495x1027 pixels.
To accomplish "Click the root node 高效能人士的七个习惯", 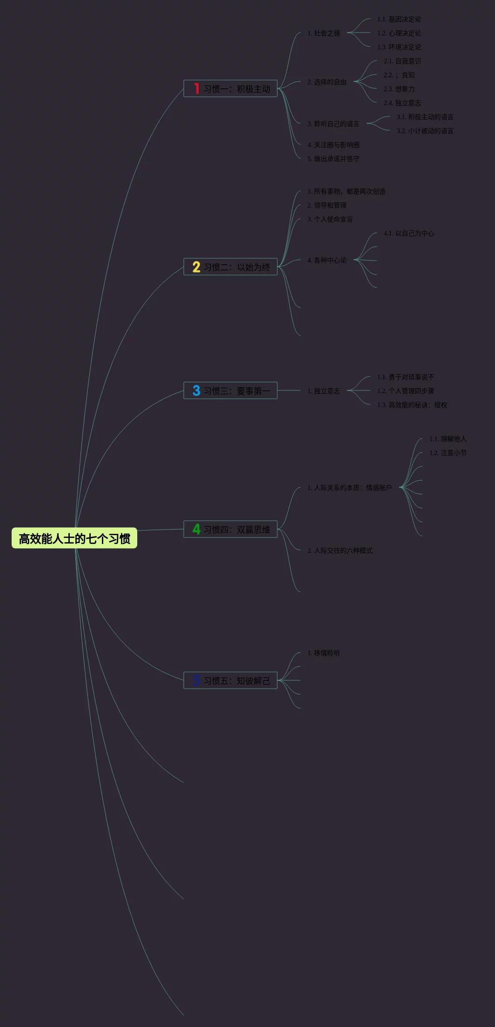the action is (74, 538).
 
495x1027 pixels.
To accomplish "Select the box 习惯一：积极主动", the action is (231, 88).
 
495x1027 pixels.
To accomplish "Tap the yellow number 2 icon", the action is (196, 267).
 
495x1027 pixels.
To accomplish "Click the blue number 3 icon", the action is (196, 390).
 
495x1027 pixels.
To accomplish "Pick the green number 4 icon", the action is (196, 529).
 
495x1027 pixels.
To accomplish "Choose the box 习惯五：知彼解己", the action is (231, 680).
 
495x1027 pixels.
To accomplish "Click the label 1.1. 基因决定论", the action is (399, 19).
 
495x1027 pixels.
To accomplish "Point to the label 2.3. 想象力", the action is (399, 89).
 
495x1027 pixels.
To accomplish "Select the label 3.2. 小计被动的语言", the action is (425, 131).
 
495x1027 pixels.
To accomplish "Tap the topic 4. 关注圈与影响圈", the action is (333, 145).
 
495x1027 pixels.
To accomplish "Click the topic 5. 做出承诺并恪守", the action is (333, 159).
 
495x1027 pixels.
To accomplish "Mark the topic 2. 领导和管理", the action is (327, 205).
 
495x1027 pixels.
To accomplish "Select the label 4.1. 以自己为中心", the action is (408, 233).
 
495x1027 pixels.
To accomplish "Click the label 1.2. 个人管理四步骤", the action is (405, 391).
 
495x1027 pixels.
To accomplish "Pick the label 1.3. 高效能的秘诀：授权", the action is (412, 405).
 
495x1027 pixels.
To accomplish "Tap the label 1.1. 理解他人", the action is (448, 439).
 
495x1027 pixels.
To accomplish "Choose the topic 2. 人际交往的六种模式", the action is (340, 550).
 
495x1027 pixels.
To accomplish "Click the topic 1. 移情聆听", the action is (323, 653).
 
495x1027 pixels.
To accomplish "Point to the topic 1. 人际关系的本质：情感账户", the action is (349, 488).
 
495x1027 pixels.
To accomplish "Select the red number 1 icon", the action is (196, 88).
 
